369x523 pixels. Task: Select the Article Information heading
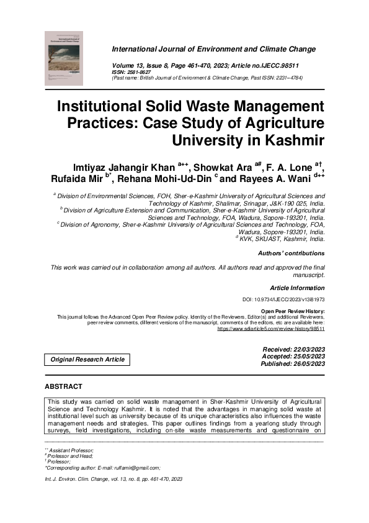(297, 288)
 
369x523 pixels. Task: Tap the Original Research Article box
(87, 359)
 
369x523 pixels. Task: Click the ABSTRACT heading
(63, 386)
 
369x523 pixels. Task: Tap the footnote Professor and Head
(71, 456)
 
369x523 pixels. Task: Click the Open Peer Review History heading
(293, 311)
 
